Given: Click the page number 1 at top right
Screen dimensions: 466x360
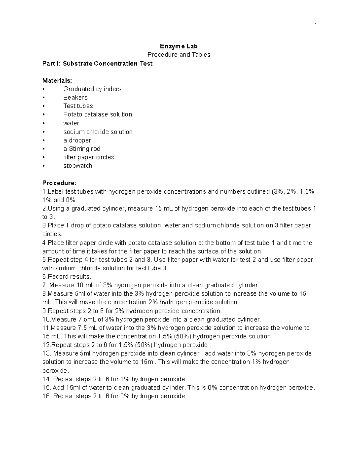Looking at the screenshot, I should click(x=316, y=25).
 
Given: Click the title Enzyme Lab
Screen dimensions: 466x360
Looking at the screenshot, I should click(x=179, y=46).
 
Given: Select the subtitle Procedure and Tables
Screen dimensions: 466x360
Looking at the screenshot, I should click(x=179, y=55).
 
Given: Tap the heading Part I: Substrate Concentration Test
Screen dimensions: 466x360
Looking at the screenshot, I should click(x=97, y=64).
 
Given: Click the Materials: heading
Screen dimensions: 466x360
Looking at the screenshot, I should click(x=57, y=80).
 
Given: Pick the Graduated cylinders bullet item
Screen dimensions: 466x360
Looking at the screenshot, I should click(x=92, y=89).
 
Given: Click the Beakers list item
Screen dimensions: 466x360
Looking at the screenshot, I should click(x=75, y=98).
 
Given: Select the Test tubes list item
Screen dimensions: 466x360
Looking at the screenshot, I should click(x=78, y=106).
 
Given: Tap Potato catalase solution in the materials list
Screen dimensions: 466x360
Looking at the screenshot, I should click(x=97, y=115).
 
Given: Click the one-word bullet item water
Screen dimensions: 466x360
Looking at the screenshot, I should click(x=71, y=123).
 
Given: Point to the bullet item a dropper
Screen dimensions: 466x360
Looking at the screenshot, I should click(x=77, y=140).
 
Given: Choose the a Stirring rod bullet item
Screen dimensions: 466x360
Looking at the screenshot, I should click(x=82, y=149).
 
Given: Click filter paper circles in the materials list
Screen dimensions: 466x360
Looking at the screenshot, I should click(x=88, y=157).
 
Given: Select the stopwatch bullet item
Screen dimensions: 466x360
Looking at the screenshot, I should click(x=78, y=166).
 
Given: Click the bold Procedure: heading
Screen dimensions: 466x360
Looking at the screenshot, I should click(x=59, y=183).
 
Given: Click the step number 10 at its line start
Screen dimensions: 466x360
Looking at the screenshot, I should click(x=46, y=320).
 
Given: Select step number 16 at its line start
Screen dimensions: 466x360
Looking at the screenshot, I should click(x=46, y=396).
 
